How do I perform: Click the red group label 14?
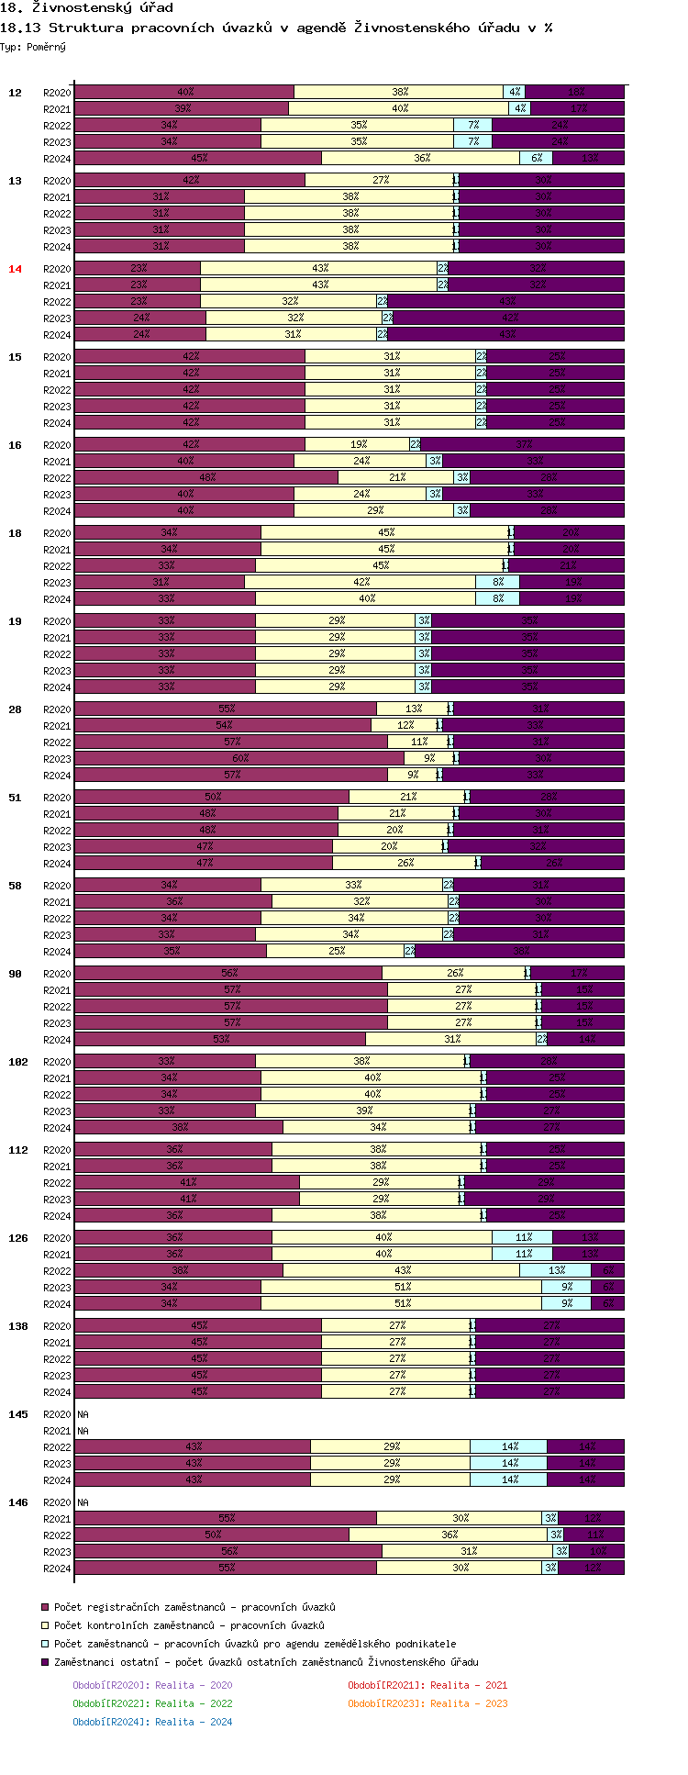pyautogui.click(x=15, y=269)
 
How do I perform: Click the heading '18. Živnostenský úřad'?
pyautogui.click(x=87, y=8)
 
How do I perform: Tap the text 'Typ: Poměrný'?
pyautogui.click(x=33, y=47)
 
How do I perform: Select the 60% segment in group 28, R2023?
pyautogui.click(x=239, y=758)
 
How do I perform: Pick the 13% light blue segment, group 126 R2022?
pyautogui.click(x=556, y=1270)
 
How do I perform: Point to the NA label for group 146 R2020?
pyautogui.click(x=83, y=1502)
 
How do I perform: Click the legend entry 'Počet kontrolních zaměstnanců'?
pyautogui.click(x=188, y=1625)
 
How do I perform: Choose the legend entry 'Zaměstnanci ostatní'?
pyautogui.click(x=265, y=1662)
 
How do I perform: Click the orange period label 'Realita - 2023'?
pyautogui.click(x=427, y=1703)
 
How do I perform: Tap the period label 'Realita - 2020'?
pyautogui.click(x=152, y=1685)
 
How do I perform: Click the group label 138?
pyautogui.click(x=18, y=1326)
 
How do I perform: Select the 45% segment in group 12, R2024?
pyautogui.click(x=198, y=158)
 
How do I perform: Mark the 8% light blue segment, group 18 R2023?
pyautogui.click(x=497, y=582)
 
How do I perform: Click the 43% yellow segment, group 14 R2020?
pyautogui.click(x=319, y=268)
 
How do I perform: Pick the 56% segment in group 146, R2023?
pyautogui.click(x=228, y=1551)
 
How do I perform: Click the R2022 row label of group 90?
pyautogui.click(x=57, y=1007)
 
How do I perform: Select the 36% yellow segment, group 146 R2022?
pyautogui.click(x=449, y=1535)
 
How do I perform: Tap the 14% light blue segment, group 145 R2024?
pyautogui.click(x=509, y=1479)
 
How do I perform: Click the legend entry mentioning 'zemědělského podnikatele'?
pyautogui.click(x=254, y=1644)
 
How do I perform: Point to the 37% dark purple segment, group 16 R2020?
pyautogui.click(x=523, y=444)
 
